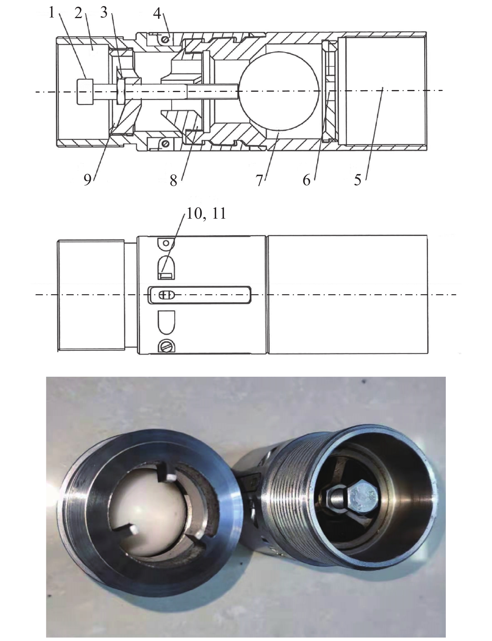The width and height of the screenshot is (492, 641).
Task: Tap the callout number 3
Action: (x=104, y=13)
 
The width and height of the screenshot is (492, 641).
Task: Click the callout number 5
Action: (x=357, y=180)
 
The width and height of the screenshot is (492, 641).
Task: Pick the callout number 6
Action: (x=307, y=180)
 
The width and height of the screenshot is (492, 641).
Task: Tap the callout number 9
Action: (x=87, y=181)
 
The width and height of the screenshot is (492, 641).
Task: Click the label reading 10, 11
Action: (x=206, y=214)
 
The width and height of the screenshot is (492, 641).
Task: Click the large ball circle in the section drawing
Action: (x=279, y=90)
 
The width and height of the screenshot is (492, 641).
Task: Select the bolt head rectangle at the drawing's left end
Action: (x=84, y=92)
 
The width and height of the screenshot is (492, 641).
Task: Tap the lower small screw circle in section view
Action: (x=166, y=143)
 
